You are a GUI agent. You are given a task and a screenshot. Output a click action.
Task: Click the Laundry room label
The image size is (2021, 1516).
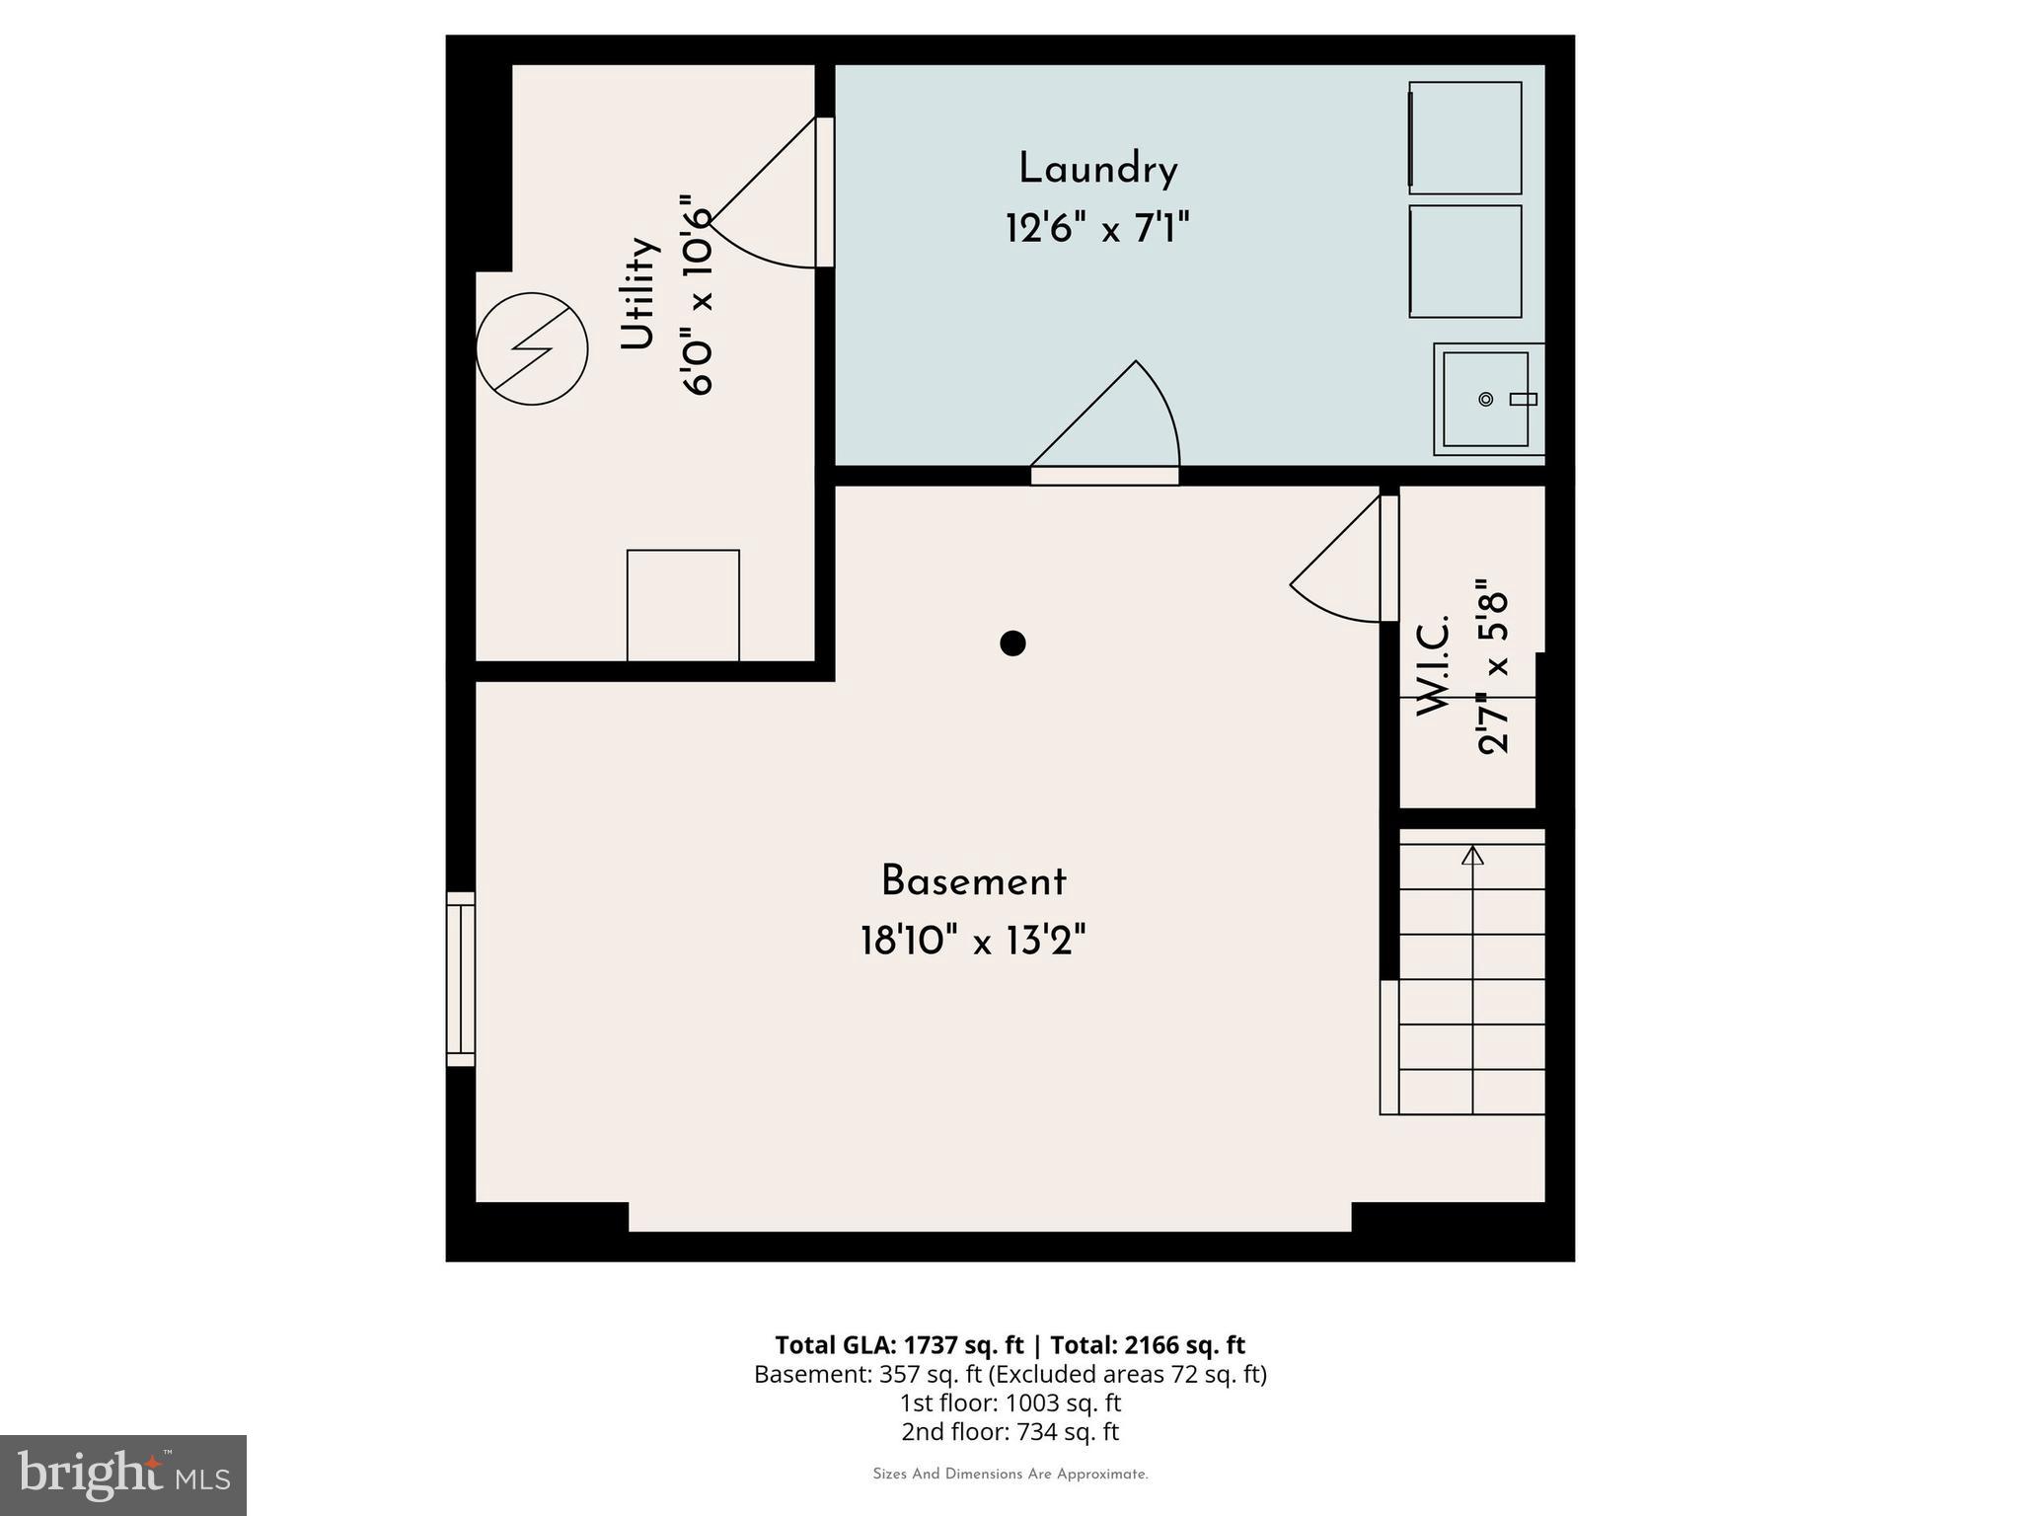(1097, 170)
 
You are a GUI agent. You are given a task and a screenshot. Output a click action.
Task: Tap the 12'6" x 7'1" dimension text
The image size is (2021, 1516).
(1097, 229)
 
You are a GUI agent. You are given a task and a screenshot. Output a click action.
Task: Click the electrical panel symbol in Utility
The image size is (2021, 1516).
(532, 348)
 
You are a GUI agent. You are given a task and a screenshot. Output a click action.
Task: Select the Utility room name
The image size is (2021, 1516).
(638, 293)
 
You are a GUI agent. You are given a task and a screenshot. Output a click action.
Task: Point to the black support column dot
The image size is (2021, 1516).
(1012, 644)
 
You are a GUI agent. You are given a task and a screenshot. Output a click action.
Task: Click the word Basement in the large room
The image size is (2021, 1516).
(973, 881)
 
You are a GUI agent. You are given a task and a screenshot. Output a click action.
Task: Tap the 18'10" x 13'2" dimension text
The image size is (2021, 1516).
(973, 941)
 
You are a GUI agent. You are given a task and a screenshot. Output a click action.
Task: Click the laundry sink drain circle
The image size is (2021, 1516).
(1485, 399)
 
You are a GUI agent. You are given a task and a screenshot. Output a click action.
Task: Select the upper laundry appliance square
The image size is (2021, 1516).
(1465, 138)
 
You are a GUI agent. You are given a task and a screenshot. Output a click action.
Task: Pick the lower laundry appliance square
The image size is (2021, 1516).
(1465, 262)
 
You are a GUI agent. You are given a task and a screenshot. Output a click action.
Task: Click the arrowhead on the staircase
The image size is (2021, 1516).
(1472, 855)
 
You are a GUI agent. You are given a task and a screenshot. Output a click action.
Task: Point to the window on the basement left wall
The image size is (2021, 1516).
(461, 979)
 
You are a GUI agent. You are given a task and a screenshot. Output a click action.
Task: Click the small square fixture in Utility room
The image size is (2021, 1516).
(683, 605)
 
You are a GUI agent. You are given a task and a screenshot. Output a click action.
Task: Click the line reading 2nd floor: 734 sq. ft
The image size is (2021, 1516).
(1010, 1431)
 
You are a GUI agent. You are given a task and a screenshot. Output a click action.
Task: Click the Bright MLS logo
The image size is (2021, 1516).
(123, 1476)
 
